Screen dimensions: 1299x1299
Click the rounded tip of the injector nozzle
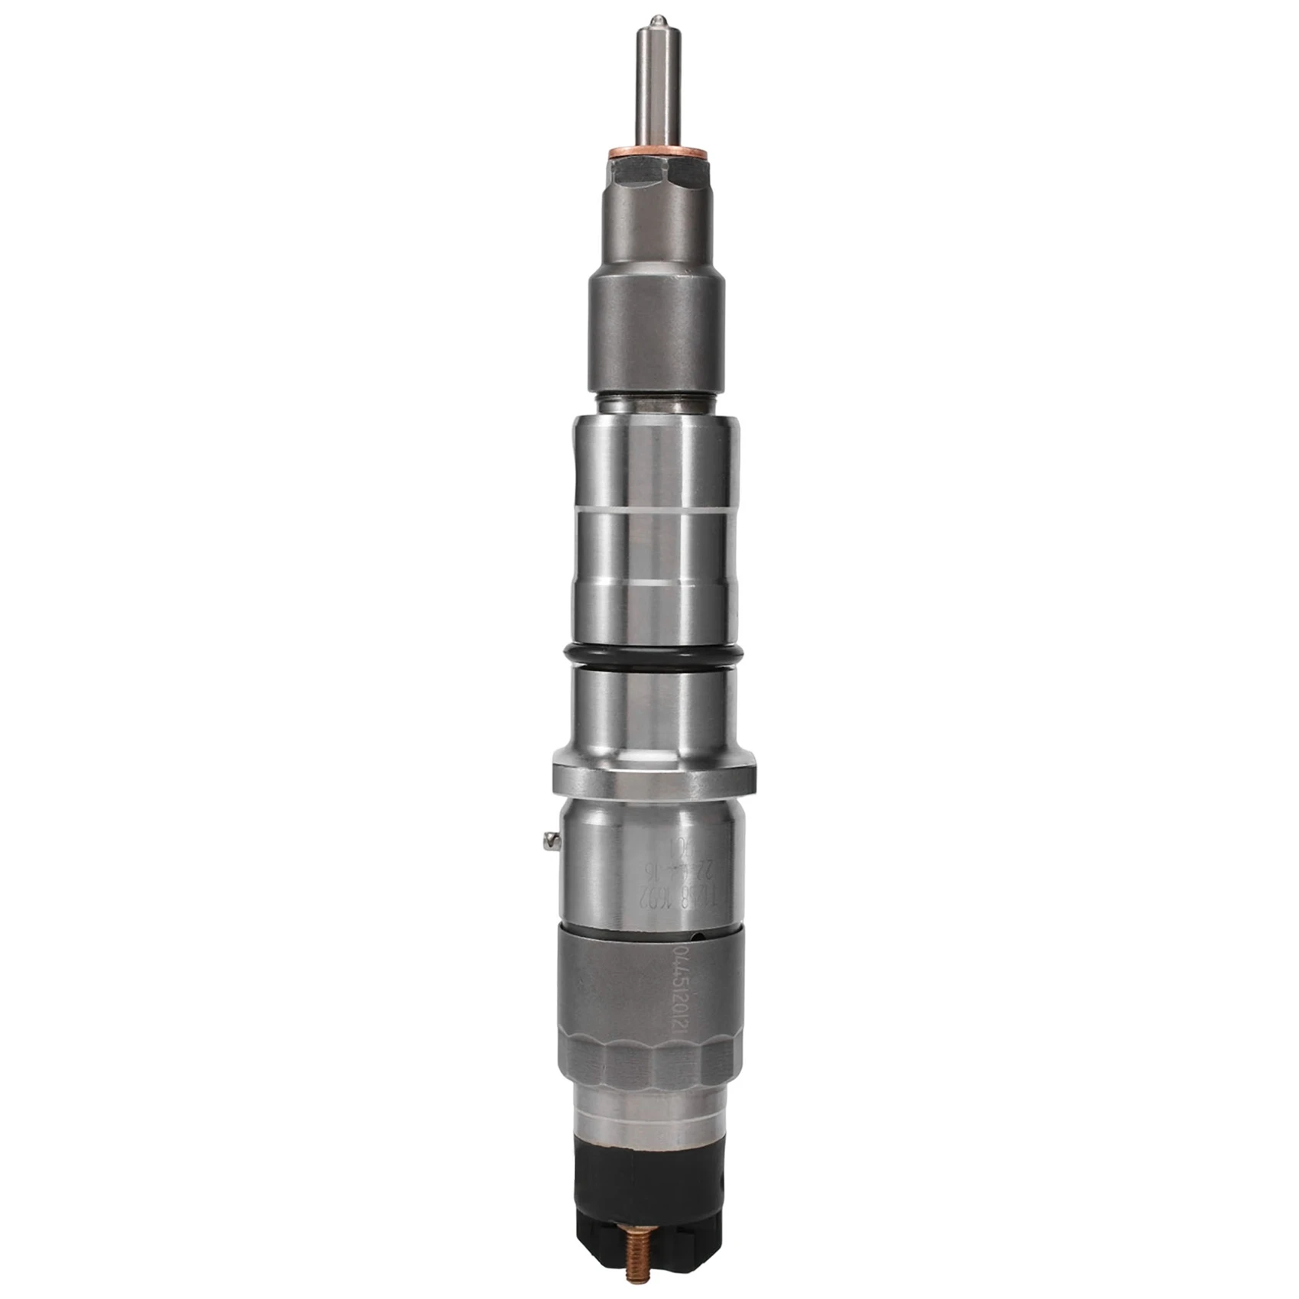(656, 20)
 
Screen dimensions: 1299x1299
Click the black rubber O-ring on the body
(655, 656)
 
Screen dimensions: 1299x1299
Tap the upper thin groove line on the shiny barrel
(655, 510)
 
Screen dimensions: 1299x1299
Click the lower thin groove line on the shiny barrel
(655, 584)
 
